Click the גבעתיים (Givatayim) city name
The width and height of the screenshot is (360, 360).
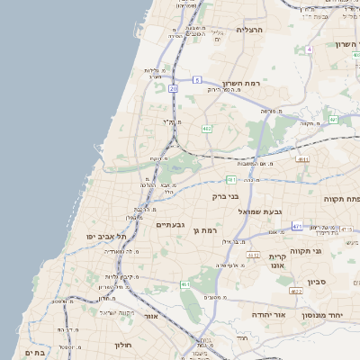point(170,225)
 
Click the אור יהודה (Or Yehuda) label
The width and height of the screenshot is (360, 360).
point(262,317)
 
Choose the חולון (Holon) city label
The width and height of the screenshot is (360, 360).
point(123,345)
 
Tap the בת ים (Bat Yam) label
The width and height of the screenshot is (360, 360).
point(34,353)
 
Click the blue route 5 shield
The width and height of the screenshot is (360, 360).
point(196,81)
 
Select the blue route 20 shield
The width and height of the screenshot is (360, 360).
point(173,89)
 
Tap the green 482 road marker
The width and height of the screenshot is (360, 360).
point(206,129)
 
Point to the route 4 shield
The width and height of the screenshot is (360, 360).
point(309,49)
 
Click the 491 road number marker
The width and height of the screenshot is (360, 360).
point(333,119)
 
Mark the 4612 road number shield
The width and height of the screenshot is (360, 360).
point(255,256)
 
